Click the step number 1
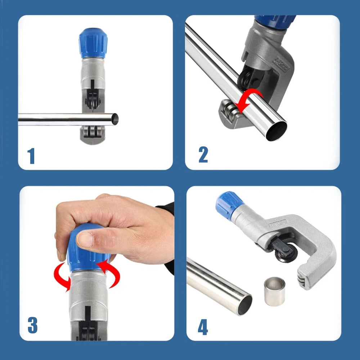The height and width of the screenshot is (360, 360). [31, 156]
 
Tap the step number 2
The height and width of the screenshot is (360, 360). [203, 154]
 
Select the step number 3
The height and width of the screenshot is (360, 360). [32, 325]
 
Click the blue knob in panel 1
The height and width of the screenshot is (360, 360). [93, 42]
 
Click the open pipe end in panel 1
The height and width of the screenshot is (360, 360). [114, 118]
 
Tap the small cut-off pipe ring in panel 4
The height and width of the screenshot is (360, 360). [275, 291]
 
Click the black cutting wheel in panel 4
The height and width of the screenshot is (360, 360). [286, 252]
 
